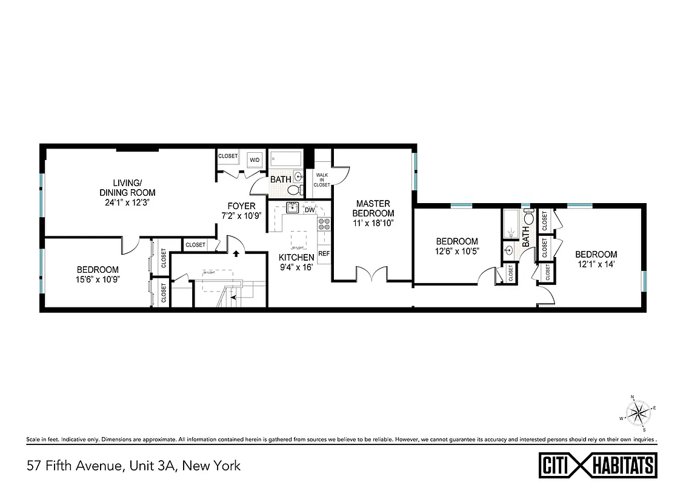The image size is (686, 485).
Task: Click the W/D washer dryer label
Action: pyautogui.click(x=255, y=160)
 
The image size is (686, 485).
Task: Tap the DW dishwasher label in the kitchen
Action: pyautogui.click(x=309, y=210)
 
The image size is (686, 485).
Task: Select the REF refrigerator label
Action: pyautogui.click(x=324, y=253)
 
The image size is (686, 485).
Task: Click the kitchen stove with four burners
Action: pyautogui.click(x=324, y=225)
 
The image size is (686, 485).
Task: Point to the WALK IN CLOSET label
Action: pyautogui.click(x=321, y=179)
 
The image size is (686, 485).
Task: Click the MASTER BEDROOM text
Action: pyautogui.click(x=373, y=209)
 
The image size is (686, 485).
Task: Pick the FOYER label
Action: pyautogui.click(x=241, y=206)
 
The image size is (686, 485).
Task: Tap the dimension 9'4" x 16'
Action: pyautogui.click(x=296, y=267)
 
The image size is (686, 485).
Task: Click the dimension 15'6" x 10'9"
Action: pyautogui.click(x=98, y=279)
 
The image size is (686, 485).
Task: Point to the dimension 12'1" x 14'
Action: pyautogui.click(x=596, y=264)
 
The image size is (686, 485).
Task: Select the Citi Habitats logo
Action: pyautogui.click(x=597, y=466)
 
